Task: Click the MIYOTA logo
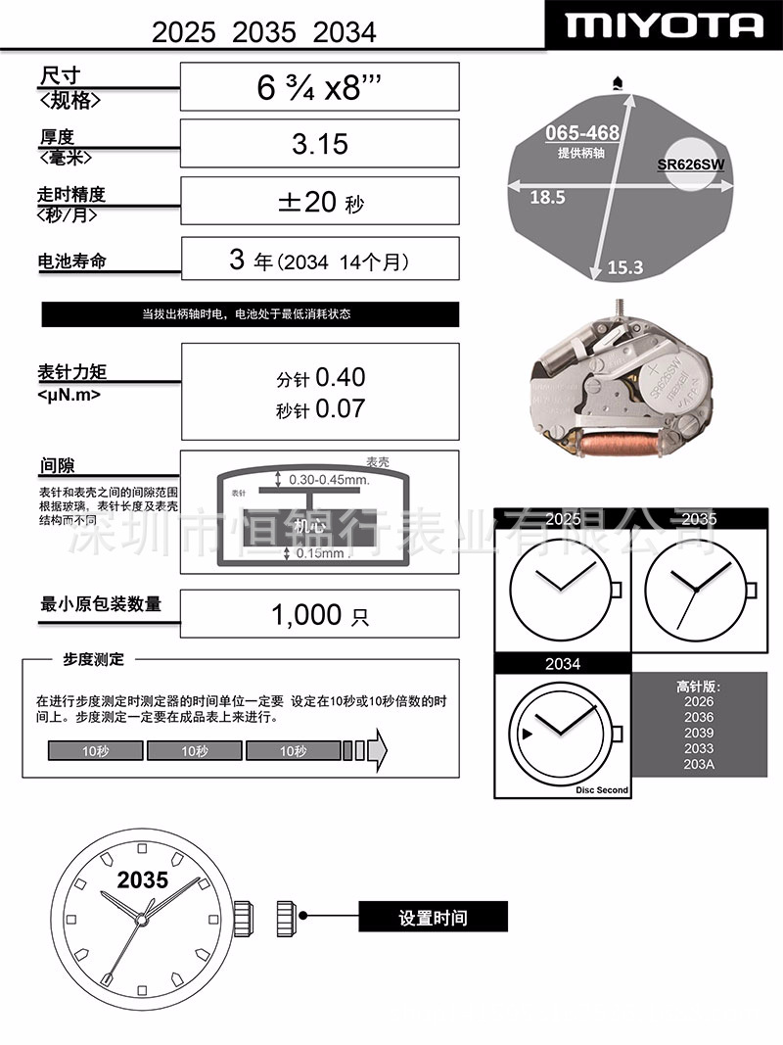pyautogui.click(x=663, y=24)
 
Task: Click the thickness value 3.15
pyautogui.click(x=320, y=144)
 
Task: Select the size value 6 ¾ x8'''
pyautogui.click(x=319, y=87)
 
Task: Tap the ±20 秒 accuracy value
pyautogui.click(x=320, y=202)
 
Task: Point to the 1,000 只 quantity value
pyautogui.click(x=320, y=615)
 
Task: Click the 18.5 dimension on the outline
pyautogui.click(x=547, y=197)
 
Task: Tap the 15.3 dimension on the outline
pyautogui.click(x=625, y=265)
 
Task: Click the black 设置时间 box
pyautogui.click(x=433, y=918)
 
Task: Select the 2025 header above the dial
pyautogui.click(x=562, y=519)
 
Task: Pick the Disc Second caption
pyautogui.click(x=602, y=789)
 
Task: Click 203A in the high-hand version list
pyautogui.click(x=700, y=764)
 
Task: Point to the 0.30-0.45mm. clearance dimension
pyautogui.click(x=329, y=480)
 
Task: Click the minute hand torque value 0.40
pyautogui.click(x=341, y=377)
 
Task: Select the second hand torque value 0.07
pyautogui.click(x=341, y=408)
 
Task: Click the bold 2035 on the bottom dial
pyautogui.click(x=143, y=879)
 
